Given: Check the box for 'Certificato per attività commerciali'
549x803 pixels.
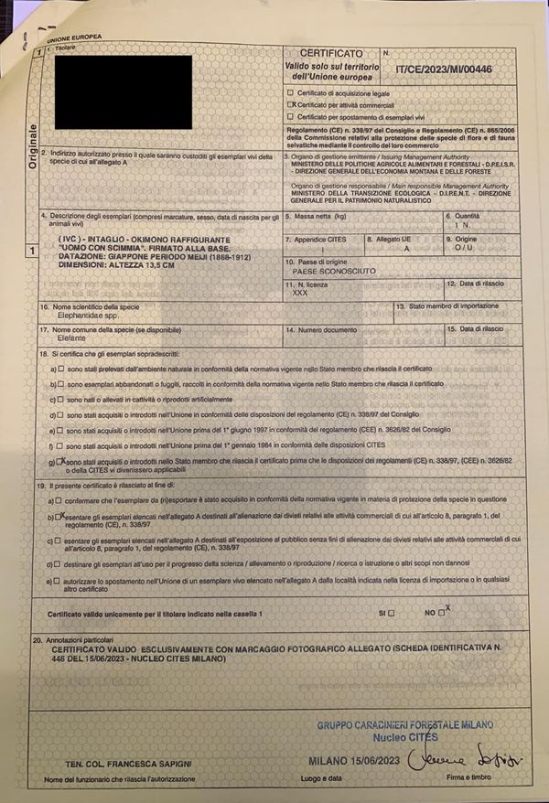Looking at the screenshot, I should pyautogui.click(x=291, y=105).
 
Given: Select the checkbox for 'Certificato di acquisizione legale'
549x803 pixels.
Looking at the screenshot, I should pyautogui.click(x=291, y=93).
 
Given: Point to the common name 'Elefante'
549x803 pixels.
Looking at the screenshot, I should pyautogui.click(x=70, y=337).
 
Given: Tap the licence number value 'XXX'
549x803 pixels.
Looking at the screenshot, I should pyautogui.click(x=299, y=294).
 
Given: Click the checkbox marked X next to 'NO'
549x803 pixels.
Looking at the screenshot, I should pyautogui.click(x=441, y=612).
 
